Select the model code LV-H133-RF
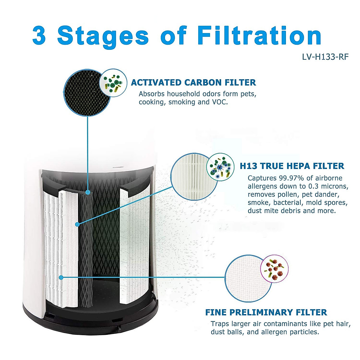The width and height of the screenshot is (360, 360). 325,57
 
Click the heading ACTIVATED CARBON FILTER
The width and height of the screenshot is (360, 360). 193,82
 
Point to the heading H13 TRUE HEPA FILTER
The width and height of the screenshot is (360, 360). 292,166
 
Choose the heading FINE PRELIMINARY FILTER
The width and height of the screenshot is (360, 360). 266,312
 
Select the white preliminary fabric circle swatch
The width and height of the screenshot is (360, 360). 244,278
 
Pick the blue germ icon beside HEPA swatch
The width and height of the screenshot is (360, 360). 220,167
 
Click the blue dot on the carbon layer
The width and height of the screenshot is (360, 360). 88,192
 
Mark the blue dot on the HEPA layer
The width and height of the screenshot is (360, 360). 77,224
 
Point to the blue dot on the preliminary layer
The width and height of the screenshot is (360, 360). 61,277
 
